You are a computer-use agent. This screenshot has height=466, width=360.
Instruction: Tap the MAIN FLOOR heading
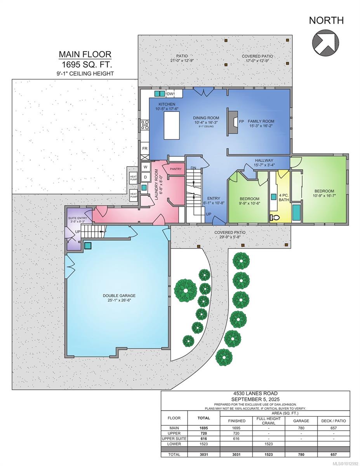(85, 54)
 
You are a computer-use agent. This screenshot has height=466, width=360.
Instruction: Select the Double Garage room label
(119, 296)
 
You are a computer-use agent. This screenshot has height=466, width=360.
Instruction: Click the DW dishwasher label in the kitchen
(170, 94)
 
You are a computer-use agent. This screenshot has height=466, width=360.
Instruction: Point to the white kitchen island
(172, 125)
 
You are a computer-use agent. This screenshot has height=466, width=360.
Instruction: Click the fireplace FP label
(242, 122)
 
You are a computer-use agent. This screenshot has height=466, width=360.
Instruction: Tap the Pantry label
(176, 169)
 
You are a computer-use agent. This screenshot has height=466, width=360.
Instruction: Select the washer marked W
(145, 167)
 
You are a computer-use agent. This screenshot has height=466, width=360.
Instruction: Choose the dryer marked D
(145, 177)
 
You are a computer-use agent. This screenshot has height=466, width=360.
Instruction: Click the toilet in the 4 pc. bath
(275, 218)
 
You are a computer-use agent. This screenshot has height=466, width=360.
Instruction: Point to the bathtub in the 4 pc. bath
(297, 212)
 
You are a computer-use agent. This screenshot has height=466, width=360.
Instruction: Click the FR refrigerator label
(145, 148)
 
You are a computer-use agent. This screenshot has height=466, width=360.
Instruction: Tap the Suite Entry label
(77, 218)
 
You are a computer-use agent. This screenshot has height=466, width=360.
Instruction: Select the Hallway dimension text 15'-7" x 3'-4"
(264, 165)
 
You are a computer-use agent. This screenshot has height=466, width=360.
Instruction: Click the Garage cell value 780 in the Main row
(301, 428)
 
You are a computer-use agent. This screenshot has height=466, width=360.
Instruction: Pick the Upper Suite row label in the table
(174, 438)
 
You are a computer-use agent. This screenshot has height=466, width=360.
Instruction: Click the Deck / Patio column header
(334, 421)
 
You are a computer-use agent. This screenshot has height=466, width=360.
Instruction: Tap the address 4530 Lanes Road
(255, 393)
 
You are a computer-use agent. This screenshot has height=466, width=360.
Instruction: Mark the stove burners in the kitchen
(145, 125)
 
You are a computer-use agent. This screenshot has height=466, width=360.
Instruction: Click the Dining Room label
(206, 118)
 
